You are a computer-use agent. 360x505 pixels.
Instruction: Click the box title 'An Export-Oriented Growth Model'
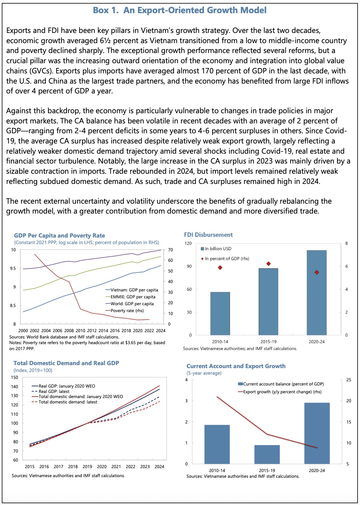pos(195,10)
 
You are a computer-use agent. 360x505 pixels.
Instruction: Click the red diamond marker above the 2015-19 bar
pos(268,264)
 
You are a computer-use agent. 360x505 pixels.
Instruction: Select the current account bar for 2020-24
pos(317,433)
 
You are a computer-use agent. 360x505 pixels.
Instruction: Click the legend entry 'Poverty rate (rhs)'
pos(127,311)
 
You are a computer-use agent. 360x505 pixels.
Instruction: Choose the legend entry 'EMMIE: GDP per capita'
pos(133,297)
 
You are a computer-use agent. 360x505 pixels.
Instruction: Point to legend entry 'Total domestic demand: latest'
pos(68,402)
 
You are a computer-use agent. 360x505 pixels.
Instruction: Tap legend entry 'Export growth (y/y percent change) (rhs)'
pos(282,392)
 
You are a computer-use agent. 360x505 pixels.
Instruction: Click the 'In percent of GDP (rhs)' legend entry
pos(227,258)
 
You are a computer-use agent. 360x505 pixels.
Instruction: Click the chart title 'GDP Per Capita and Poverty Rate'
pos(60,235)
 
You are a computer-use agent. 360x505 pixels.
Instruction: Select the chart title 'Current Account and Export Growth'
pos(236,366)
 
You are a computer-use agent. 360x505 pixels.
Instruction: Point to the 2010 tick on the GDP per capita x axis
pos(80,331)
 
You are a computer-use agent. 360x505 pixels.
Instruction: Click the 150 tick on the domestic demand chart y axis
pos(14,377)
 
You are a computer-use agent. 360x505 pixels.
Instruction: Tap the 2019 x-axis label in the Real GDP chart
pos(87,466)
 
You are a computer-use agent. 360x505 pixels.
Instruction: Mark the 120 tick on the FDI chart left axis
pos(188,243)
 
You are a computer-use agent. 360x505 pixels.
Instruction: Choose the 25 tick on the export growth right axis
pos(349,380)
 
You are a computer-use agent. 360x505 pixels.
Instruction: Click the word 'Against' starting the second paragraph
pos(18,111)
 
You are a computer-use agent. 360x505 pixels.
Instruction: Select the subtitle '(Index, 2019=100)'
pos(33,371)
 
